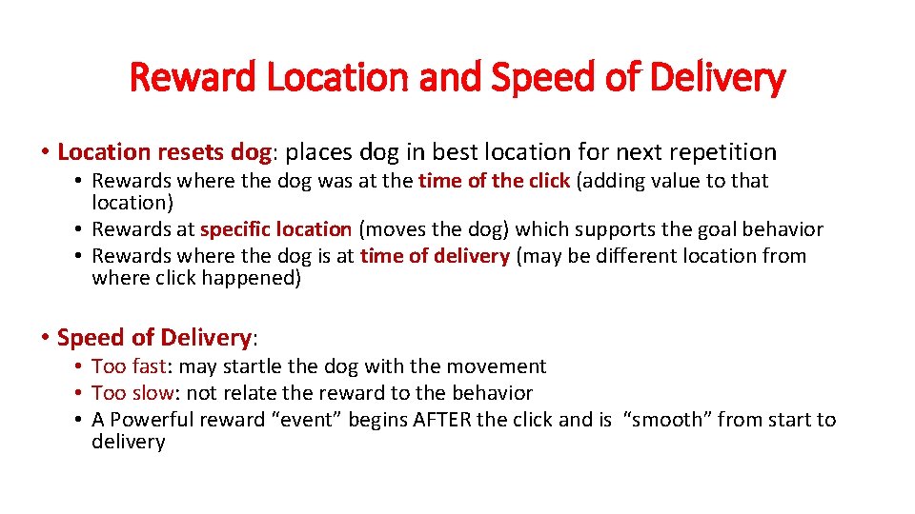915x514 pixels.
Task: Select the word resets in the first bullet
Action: coord(189,151)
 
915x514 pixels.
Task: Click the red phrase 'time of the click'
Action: coord(494,181)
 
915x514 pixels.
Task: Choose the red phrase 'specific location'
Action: coord(275,229)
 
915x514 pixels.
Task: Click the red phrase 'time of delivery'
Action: coord(435,256)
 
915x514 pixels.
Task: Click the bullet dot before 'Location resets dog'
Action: coord(46,152)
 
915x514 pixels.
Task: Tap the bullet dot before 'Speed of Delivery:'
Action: coord(46,338)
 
